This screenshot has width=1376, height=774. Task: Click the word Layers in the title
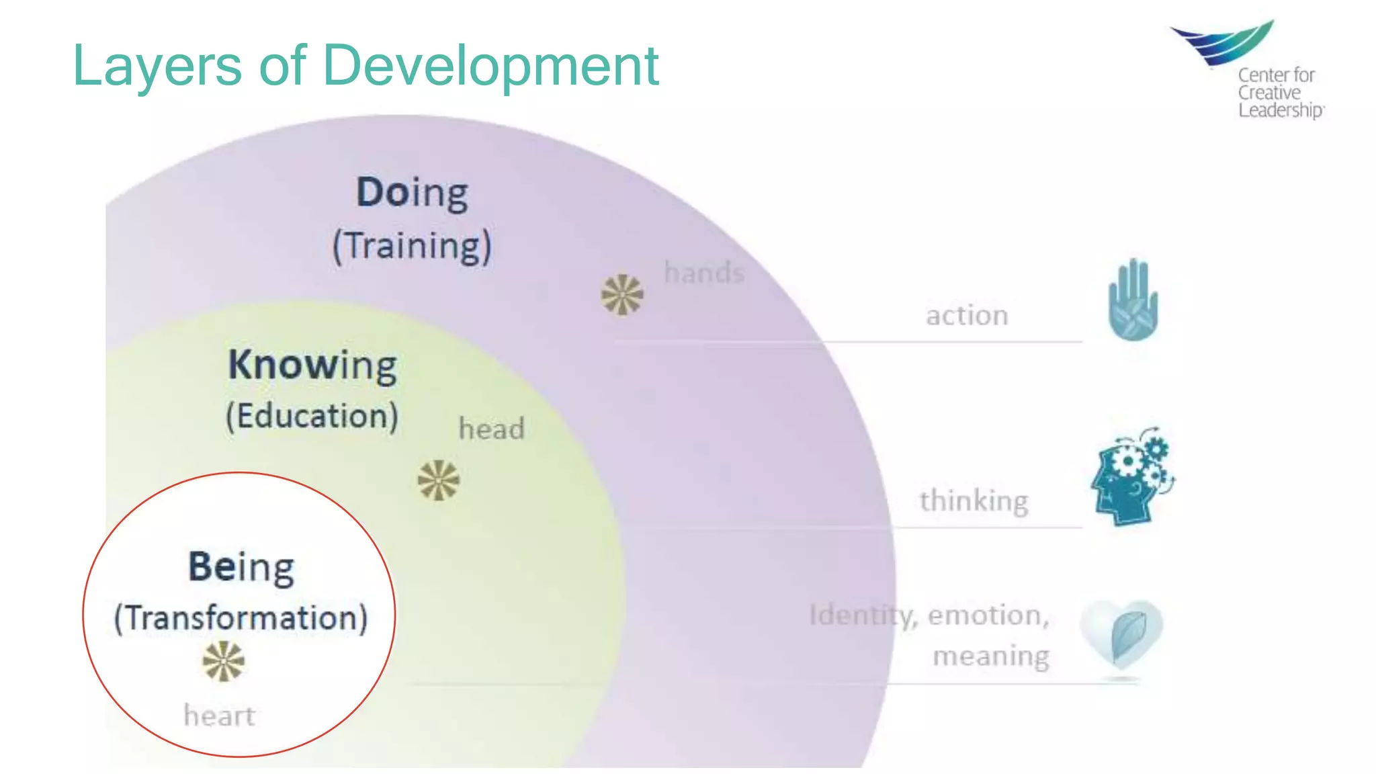point(157,66)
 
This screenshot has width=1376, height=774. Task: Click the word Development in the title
point(490,66)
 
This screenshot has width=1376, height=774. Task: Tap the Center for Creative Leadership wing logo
point(1223,42)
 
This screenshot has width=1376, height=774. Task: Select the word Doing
point(412,193)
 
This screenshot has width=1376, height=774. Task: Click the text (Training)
point(412,246)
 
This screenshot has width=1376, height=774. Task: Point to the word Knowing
point(312,365)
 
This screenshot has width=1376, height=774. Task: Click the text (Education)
point(312,417)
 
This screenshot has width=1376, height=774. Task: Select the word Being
point(241,568)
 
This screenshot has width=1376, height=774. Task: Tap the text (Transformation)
point(241,618)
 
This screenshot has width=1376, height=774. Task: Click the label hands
point(704,273)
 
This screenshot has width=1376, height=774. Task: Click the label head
point(491,429)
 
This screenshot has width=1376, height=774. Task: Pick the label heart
point(219,716)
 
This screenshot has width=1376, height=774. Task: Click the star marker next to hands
point(622,294)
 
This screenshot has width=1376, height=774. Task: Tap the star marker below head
point(439,480)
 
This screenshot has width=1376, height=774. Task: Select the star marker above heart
point(224,661)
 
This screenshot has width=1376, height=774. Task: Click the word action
point(967,316)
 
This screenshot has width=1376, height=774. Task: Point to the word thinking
point(974,501)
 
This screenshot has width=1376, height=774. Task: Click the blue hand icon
point(1133,300)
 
